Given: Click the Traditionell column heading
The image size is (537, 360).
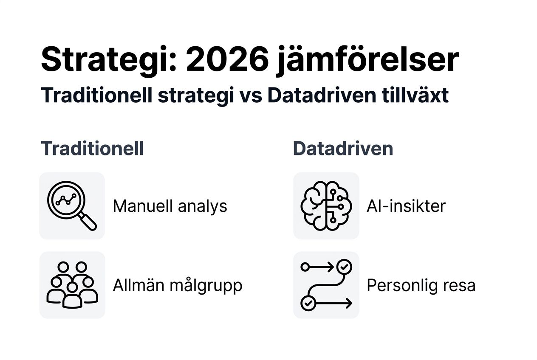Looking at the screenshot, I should [92, 149].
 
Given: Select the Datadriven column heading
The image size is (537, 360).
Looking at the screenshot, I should [343, 149].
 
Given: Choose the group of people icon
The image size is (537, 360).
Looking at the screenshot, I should [72, 285].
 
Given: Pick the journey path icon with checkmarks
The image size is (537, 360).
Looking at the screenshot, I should [326, 285].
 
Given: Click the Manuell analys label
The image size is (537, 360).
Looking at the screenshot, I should [170, 206].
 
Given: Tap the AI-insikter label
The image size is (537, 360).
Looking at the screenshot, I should [406, 206].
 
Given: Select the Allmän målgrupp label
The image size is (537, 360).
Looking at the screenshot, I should [178, 285].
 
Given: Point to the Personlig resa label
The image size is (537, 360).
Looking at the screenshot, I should [421, 285].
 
